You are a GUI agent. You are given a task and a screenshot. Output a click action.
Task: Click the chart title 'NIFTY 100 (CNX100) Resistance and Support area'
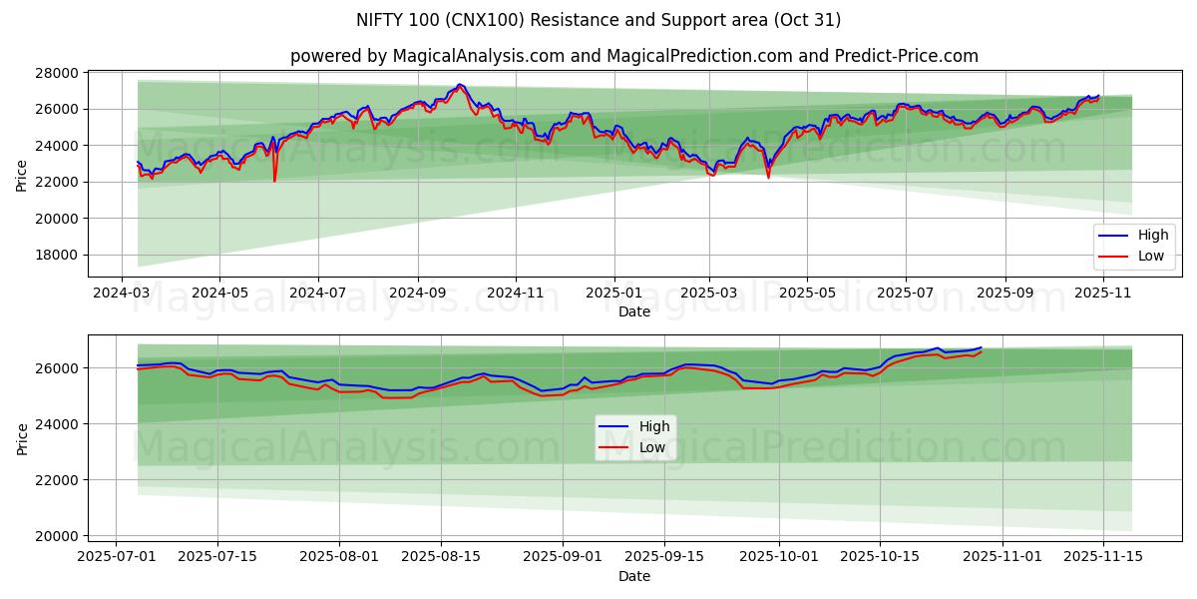pos(598,20)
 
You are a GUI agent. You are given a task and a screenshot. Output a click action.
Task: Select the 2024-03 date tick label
pos(122,294)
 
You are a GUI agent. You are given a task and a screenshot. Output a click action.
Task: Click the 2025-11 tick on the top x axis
pos(1102,294)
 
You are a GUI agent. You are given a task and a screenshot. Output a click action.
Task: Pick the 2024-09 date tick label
pos(417,294)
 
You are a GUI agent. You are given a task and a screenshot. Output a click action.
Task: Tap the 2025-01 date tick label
pos(613,294)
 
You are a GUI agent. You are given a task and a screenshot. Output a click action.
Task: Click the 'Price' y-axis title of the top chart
pos(22,175)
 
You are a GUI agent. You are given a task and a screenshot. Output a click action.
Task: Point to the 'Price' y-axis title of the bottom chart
pos(22,438)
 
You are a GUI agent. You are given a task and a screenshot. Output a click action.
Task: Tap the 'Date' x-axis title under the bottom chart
pos(634,576)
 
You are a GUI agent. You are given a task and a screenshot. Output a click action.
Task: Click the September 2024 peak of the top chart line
pos(460,85)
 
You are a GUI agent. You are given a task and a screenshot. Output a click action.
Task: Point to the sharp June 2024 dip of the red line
pos(274,181)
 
